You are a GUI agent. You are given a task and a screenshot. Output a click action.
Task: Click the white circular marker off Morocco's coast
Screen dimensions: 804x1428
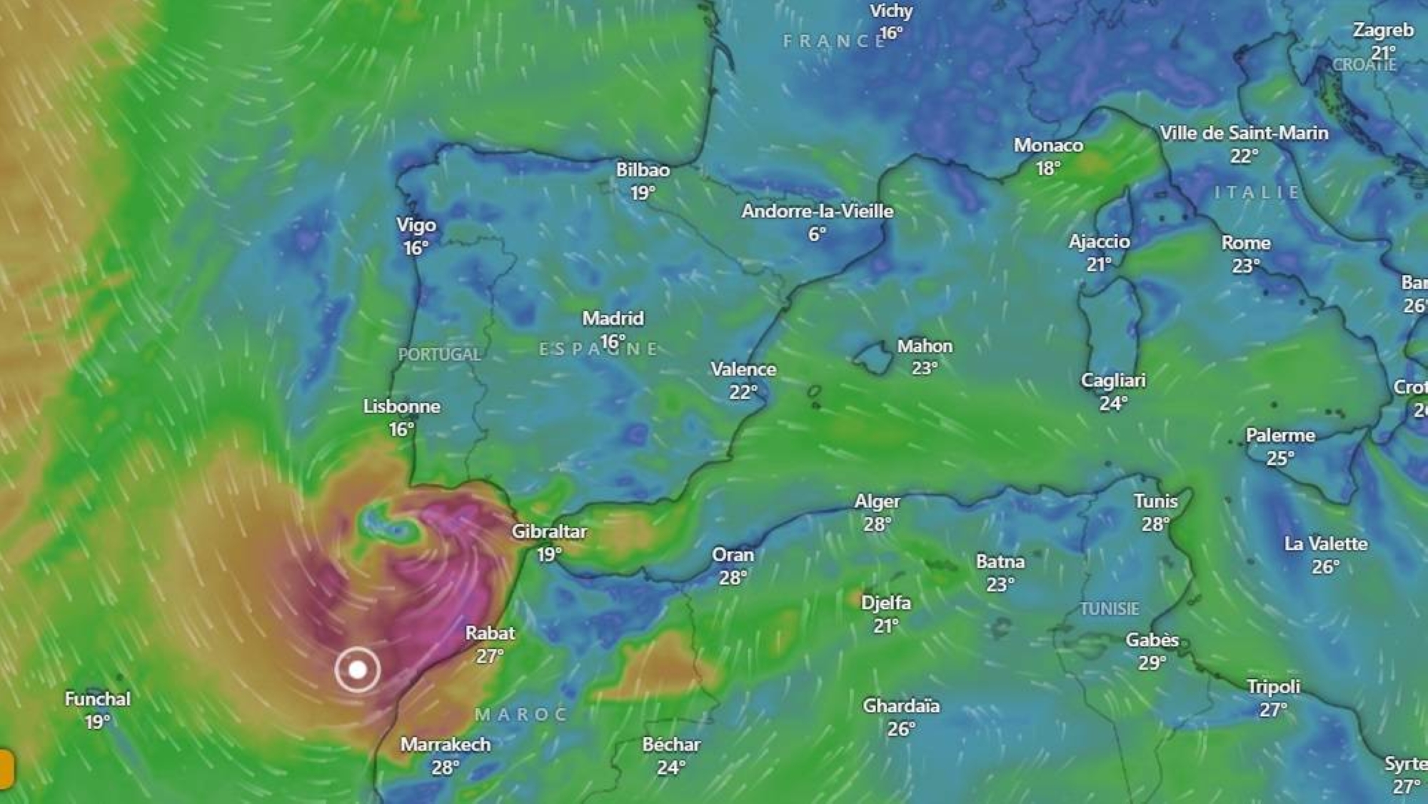pos(357,670)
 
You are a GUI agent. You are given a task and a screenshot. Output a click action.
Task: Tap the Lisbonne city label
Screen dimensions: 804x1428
pos(401,407)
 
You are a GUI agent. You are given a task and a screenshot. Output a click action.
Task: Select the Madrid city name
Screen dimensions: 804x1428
pos(613,318)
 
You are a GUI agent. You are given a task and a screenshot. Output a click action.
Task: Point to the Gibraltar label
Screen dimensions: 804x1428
pos(549,532)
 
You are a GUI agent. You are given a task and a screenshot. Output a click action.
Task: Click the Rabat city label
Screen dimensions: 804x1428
pos(490,633)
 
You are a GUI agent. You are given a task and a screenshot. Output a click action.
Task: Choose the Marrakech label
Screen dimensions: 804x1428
pos(446,745)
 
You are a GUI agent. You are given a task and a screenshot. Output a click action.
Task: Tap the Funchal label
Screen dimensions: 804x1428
pos(98,699)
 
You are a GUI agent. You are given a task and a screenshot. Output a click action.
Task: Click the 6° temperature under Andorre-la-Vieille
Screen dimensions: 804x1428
pos(817,234)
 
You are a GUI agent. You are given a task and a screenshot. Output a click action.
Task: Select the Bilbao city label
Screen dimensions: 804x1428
pos(643,170)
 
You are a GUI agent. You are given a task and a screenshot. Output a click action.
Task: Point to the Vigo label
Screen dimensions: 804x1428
pos(416,226)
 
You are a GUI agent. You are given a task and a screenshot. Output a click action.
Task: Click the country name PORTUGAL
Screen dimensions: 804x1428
pos(439,354)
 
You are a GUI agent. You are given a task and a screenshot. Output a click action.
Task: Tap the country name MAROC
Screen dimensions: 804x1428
pos(521,714)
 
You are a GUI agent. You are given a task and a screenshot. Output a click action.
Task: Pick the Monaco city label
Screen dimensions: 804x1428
pos(1048,146)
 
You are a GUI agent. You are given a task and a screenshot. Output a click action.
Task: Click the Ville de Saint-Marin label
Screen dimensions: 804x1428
pos(1244,134)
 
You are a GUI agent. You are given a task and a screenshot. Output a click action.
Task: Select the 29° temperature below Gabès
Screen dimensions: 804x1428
pos(1152,663)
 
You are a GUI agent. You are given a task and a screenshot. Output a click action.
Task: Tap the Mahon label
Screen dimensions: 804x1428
pos(925,346)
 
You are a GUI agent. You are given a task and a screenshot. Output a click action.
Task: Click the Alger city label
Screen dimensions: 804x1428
pos(878,502)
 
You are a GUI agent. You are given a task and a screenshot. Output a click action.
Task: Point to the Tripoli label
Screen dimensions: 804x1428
pos(1273,687)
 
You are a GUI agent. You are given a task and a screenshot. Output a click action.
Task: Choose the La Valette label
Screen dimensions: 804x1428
pos(1326,544)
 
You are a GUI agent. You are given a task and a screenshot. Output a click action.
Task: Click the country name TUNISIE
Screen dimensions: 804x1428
pos(1109,609)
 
